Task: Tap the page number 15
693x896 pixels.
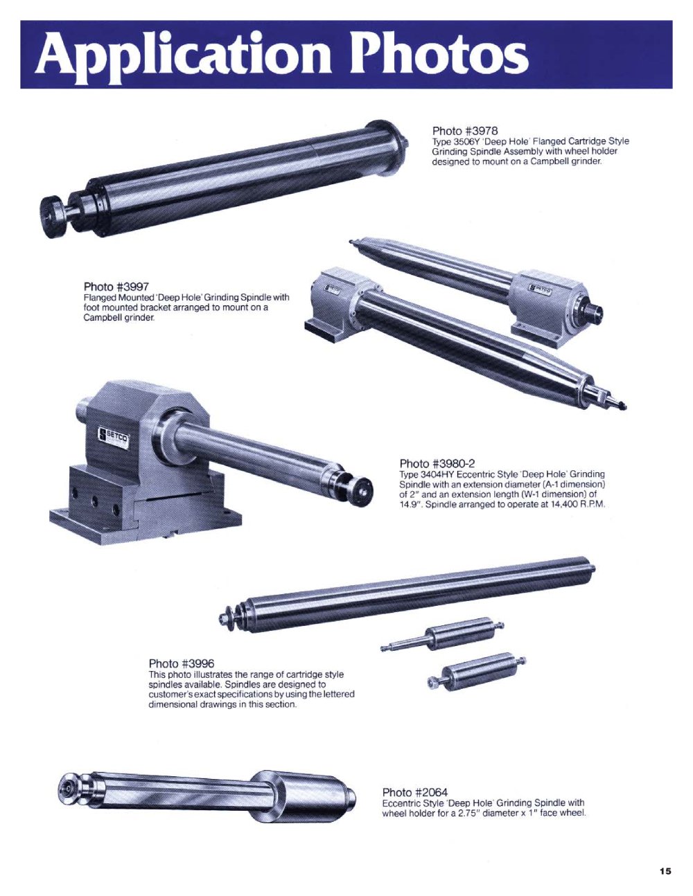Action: (665, 871)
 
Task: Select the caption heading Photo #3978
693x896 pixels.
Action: (465, 131)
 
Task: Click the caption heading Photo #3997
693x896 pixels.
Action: (116, 287)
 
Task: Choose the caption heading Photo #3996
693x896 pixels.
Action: (181, 663)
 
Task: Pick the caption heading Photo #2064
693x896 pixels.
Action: (414, 792)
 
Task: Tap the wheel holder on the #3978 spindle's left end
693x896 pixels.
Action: (53, 217)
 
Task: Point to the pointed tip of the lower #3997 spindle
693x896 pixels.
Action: (624, 407)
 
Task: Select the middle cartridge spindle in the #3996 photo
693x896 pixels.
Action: (442, 635)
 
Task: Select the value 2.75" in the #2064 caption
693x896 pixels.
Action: (469, 813)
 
